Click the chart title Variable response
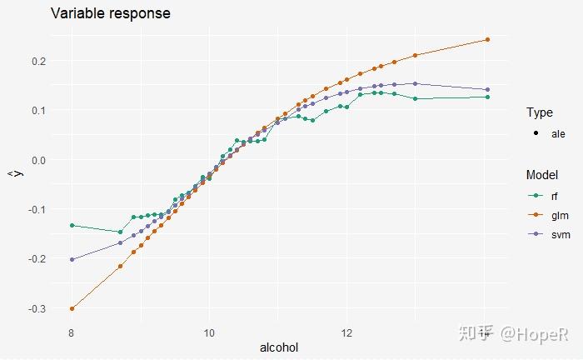tap(111, 14)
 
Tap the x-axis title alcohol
tap(279, 347)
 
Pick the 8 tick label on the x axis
tap(72, 332)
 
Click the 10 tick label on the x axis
tap(209, 332)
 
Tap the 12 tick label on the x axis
tap(346, 332)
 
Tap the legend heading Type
tap(539, 112)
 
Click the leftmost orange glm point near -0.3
tap(72, 308)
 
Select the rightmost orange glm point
tap(487, 39)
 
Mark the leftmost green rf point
tap(72, 226)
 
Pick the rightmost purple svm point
tap(487, 89)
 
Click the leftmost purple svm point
tap(72, 259)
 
